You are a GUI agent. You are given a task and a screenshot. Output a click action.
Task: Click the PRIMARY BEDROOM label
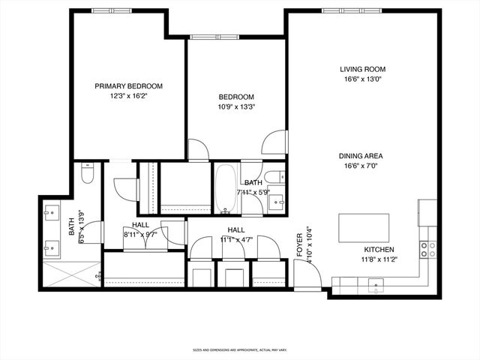[x=128, y=86]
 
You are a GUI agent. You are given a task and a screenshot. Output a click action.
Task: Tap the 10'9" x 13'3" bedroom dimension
[x=236, y=106]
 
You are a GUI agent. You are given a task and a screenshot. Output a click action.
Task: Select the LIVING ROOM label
[x=364, y=69]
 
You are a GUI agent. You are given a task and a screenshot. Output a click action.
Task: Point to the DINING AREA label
[x=364, y=156]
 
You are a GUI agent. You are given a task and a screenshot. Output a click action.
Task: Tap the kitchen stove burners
[x=427, y=249]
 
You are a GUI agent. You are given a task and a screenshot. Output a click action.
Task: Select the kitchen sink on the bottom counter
[x=377, y=284]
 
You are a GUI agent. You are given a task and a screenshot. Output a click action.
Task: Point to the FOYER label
[x=300, y=244]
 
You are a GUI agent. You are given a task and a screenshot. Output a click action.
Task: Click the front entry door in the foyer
[x=307, y=282]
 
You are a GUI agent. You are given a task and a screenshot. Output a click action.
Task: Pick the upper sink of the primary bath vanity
[x=52, y=211]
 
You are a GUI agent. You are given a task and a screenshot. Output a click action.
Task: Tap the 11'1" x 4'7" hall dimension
[x=236, y=240]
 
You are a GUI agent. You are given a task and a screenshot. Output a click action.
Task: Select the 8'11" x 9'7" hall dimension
[x=140, y=234]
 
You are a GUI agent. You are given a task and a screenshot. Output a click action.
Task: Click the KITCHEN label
[x=379, y=250]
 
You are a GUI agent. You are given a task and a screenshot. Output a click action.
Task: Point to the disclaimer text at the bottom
[x=240, y=349]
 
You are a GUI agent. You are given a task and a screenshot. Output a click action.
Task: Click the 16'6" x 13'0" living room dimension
[x=364, y=79]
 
